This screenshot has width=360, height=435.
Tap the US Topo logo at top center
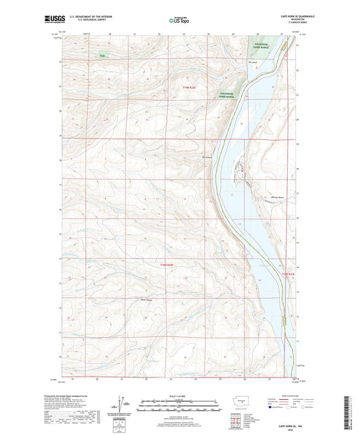click(180, 20)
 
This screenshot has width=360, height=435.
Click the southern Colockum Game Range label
click(230, 94)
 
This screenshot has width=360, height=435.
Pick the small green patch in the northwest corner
click(103, 56)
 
